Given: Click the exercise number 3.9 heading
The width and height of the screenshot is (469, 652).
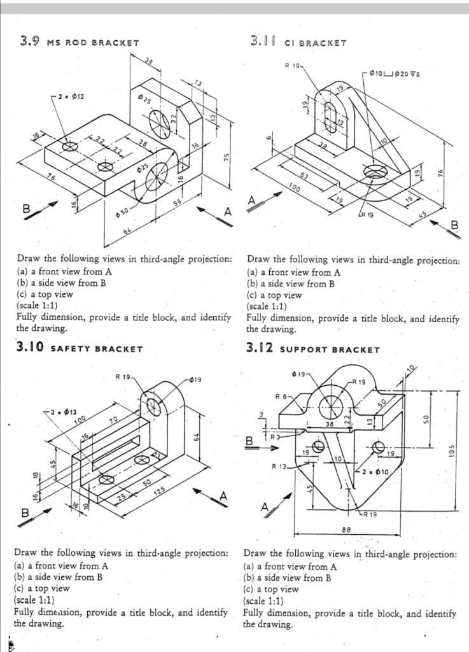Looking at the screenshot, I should (29, 42).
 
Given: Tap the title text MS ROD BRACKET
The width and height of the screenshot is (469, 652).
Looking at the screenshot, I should (93, 43).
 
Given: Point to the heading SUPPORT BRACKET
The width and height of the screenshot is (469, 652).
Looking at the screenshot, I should (330, 350).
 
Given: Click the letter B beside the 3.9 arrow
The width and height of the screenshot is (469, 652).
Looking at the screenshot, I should (27, 208).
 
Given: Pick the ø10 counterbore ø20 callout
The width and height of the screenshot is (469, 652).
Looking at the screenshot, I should (399, 74).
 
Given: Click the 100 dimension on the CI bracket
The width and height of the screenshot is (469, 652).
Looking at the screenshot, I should (294, 189).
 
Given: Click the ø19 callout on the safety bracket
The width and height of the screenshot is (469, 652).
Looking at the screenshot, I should (195, 381).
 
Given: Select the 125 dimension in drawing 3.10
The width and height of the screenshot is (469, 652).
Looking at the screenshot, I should (160, 491).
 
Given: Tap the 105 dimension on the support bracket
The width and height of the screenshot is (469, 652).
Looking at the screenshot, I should (451, 450).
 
